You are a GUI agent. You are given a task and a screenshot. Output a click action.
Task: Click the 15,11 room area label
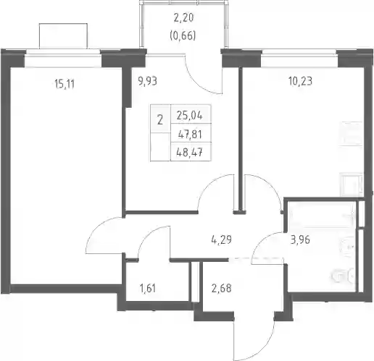65,84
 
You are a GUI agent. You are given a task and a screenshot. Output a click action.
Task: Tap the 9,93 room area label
147,81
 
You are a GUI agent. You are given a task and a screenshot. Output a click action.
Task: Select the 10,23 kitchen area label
300,81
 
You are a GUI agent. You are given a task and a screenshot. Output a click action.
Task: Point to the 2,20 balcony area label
184,18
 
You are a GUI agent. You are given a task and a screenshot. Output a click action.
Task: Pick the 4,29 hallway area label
221,239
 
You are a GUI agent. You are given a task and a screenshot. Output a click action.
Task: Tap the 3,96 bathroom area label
300,240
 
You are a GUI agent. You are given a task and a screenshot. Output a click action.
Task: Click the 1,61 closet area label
147,288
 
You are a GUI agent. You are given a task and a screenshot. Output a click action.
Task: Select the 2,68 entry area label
221,288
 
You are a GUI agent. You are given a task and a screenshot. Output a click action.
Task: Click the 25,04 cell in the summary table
190,116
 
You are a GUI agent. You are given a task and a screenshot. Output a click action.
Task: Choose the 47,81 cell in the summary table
190,134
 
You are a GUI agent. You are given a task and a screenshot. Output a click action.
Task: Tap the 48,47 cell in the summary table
190,153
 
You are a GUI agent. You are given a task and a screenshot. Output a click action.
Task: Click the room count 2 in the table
160,120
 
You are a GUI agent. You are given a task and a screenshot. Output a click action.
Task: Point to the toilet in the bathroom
343,275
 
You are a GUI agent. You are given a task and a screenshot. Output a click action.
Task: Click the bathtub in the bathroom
323,215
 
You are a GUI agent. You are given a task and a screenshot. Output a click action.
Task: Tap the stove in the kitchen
352,184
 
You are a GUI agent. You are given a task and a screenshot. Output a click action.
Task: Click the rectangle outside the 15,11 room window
63,36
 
